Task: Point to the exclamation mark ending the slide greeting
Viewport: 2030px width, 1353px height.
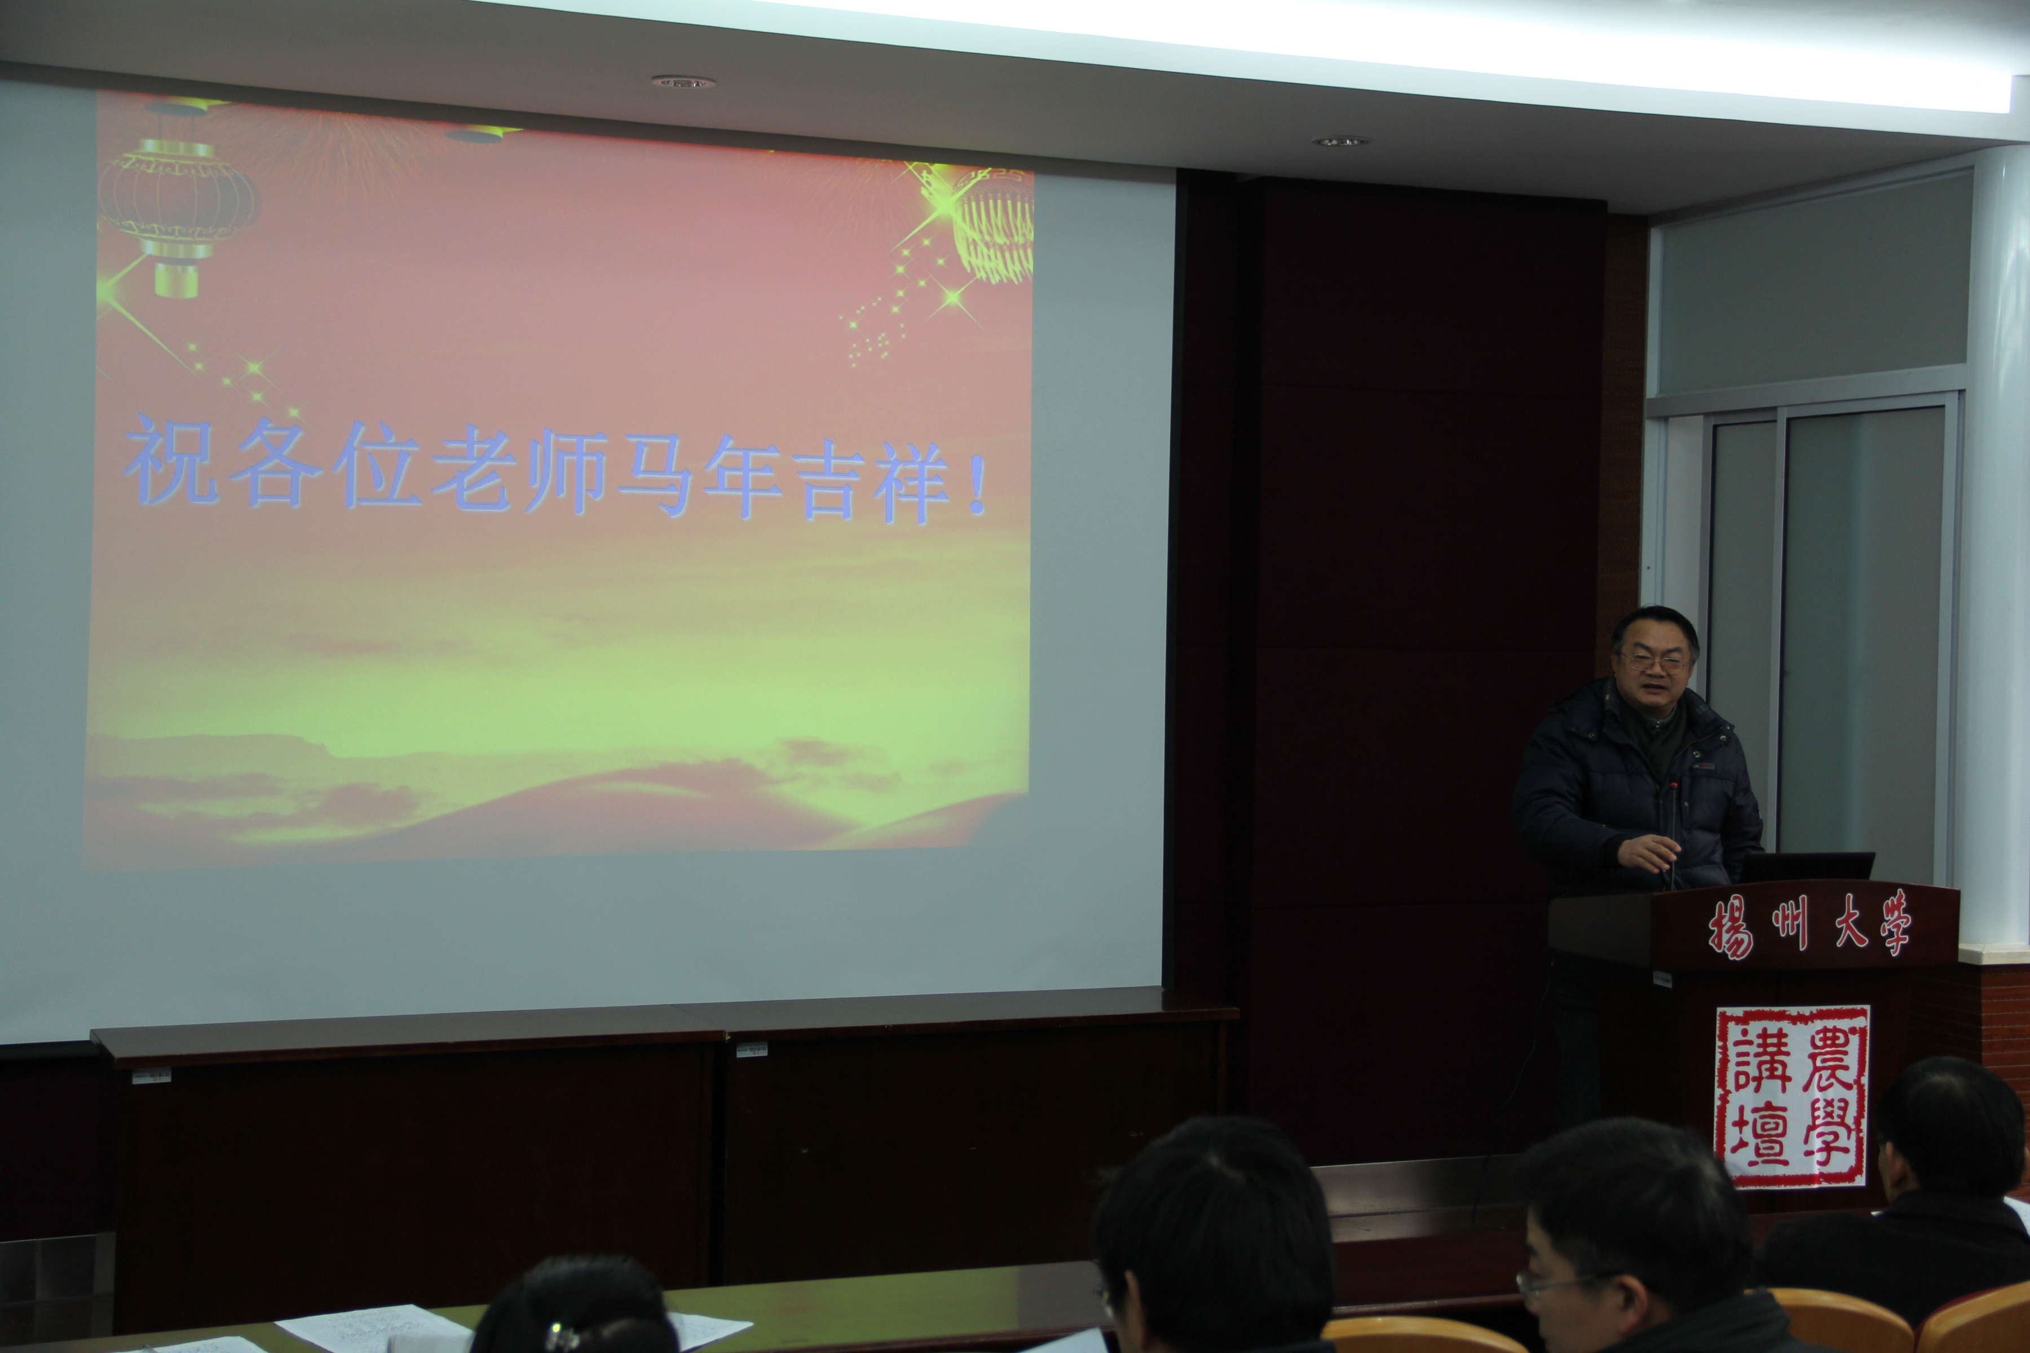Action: (977, 485)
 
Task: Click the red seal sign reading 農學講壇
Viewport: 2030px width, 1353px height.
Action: (1792, 1096)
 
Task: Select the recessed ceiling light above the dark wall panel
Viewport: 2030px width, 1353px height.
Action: (1340, 140)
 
